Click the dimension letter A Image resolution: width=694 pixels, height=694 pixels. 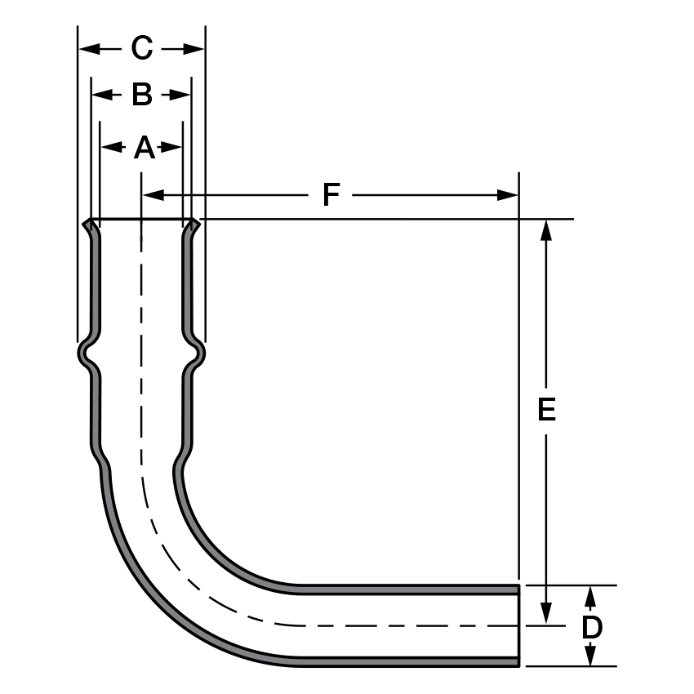144,148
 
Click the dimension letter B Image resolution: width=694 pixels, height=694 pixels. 142,96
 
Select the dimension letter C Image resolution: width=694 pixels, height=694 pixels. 142,49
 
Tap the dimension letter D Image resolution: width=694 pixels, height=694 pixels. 592,627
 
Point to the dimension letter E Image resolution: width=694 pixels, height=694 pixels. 547,409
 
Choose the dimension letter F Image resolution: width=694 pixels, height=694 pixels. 331,195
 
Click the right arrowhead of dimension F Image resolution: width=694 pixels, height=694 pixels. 508,195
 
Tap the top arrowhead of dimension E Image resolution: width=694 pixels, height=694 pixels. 547,230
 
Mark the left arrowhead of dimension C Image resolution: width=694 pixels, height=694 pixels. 88,49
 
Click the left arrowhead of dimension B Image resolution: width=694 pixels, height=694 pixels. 100,96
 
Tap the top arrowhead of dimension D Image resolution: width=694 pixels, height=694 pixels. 592,596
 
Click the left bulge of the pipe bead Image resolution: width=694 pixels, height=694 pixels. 82,353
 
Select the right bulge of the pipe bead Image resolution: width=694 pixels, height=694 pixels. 199,353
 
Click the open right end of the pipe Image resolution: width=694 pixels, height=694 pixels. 518,625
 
